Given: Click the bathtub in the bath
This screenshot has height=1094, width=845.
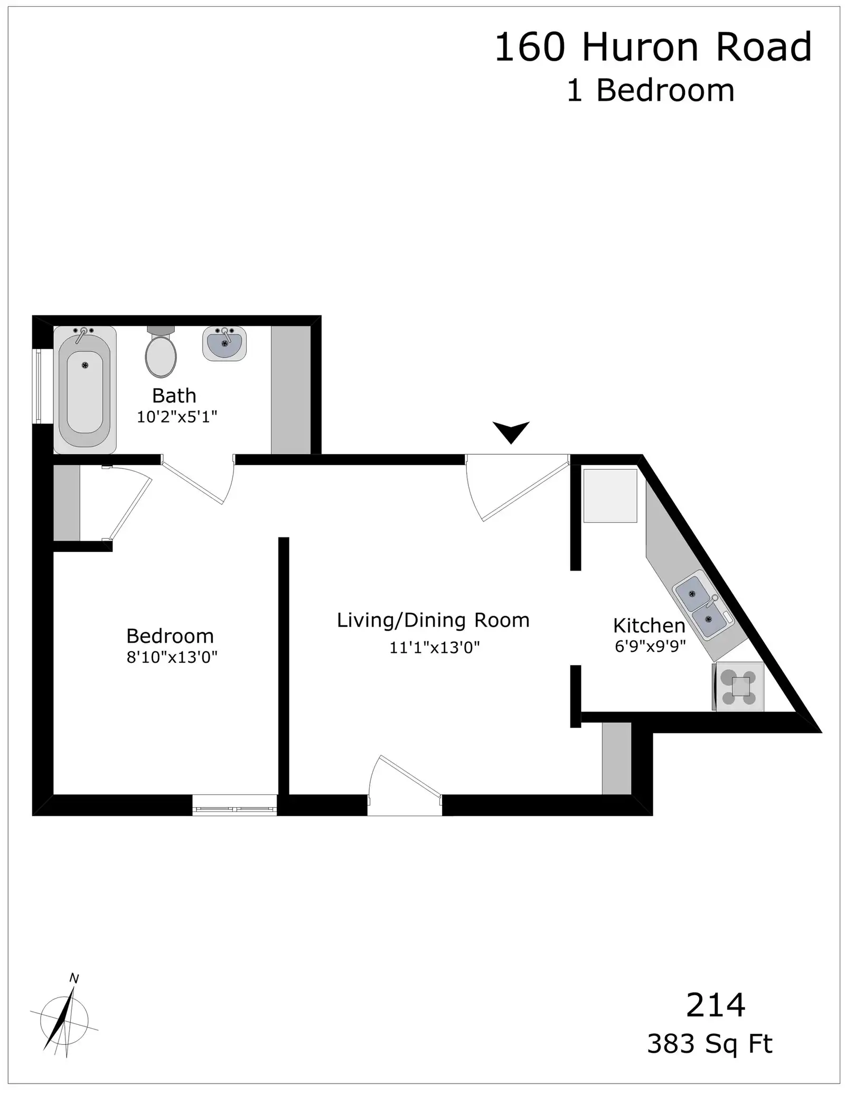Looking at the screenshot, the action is click(x=84, y=389).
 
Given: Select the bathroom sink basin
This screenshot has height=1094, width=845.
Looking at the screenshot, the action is click(x=224, y=343).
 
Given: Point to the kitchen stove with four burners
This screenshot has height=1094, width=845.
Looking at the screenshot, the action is click(x=738, y=686).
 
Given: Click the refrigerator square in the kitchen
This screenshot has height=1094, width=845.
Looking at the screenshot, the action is click(x=610, y=495).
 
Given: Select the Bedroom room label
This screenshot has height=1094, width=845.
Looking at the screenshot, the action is click(x=170, y=635).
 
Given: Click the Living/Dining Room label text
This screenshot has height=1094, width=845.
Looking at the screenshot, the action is click(x=433, y=620).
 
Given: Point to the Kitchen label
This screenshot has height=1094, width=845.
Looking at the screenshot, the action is click(x=649, y=626).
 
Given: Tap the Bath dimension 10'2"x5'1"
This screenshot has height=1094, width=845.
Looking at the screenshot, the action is click(x=177, y=417).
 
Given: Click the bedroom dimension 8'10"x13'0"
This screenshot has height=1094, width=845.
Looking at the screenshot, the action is click(x=172, y=657).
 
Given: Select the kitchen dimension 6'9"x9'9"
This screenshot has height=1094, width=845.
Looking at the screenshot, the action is click(x=650, y=646).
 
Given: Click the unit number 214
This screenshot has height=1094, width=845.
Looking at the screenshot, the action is click(x=716, y=1005).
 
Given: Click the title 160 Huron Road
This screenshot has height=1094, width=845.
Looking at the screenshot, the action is click(x=653, y=47).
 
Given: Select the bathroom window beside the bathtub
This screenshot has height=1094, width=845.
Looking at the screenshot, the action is click(x=38, y=386).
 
